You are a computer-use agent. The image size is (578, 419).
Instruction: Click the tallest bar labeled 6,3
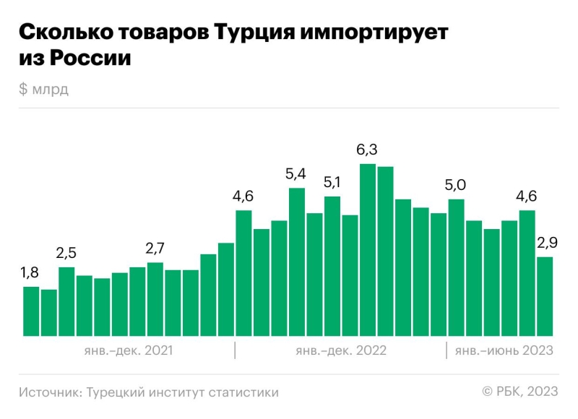point(368,250)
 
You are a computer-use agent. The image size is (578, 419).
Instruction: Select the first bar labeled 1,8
point(31,311)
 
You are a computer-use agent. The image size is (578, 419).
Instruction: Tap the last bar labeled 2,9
point(545,296)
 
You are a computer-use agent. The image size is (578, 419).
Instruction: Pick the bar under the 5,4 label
point(297,262)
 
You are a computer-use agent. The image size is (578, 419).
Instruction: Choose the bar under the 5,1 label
point(332,266)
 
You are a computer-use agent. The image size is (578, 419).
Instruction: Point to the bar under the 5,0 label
point(456,267)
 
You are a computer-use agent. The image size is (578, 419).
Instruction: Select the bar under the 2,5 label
point(66,301)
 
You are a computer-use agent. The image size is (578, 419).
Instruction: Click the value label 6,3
point(368,150)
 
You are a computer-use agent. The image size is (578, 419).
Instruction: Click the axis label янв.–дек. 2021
point(128,351)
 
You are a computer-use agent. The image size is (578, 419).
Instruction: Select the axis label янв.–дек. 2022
point(341,351)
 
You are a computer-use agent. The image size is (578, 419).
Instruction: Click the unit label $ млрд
point(44,89)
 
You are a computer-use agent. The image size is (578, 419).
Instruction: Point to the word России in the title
point(90,59)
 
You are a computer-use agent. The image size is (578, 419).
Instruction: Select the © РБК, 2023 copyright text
point(520,392)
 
